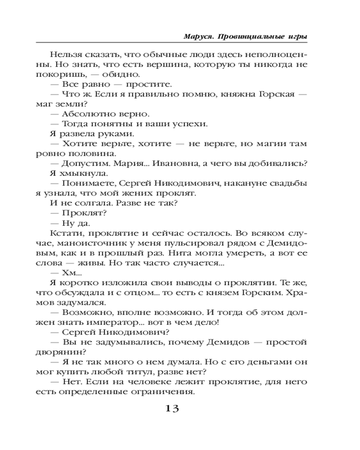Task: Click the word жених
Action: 141,193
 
